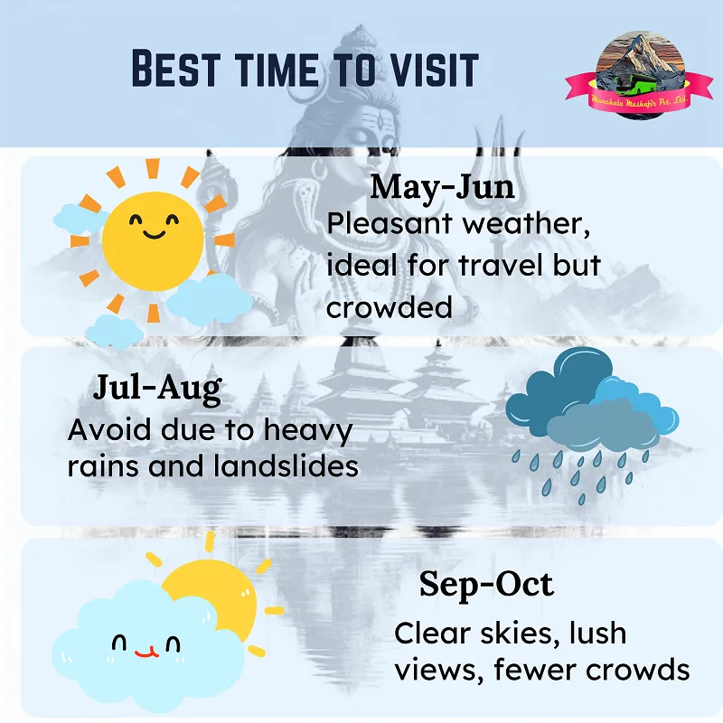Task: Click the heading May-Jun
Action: click(442, 188)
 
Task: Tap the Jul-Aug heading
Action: click(157, 389)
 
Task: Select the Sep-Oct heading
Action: click(486, 585)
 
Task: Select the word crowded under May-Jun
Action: click(389, 307)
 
